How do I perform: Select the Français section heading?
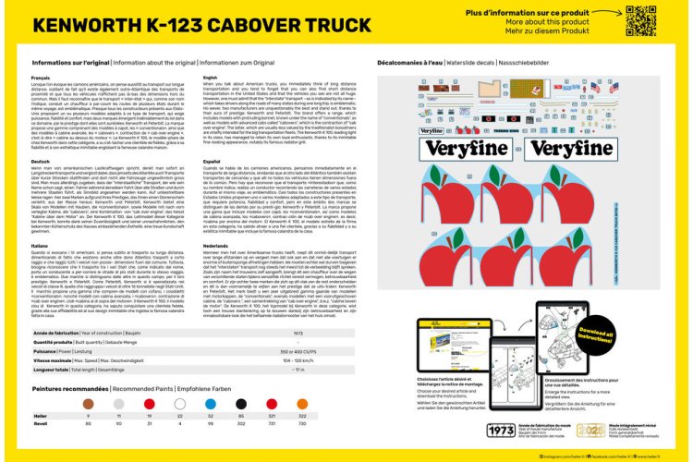pyautogui.click(x=41, y=78)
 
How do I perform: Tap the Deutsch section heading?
pyautogui.click(x=41, y=160)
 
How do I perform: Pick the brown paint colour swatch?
pyautogui.click(x=88, y=404)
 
